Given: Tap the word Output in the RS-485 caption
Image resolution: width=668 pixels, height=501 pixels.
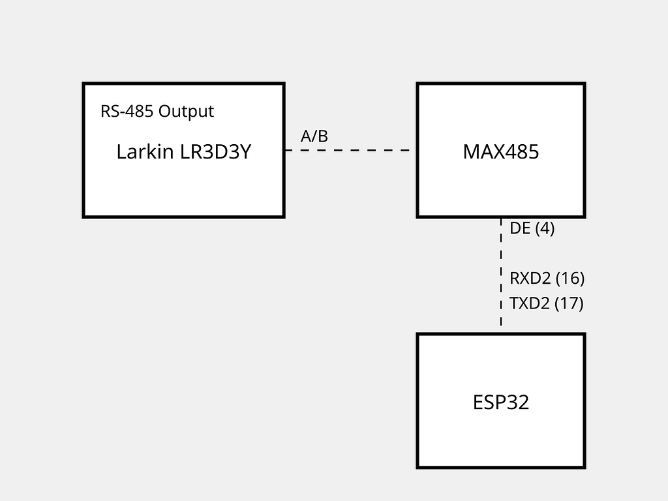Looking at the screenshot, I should click(186, 112).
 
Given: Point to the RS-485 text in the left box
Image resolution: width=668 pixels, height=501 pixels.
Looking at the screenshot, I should click(127, 112).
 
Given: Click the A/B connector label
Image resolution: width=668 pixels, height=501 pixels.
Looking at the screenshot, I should click(314, 136).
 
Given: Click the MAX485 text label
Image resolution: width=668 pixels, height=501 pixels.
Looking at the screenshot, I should click(500, 152).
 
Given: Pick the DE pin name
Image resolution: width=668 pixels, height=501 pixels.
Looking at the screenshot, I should click(520, 228).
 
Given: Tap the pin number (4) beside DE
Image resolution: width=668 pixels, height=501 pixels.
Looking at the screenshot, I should click(545, 228).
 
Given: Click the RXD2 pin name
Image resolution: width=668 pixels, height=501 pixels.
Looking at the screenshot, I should click(530, 279).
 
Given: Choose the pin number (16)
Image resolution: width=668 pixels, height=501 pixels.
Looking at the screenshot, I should click(569, 279).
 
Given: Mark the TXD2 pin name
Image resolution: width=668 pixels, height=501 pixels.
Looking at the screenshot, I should click(529, 303).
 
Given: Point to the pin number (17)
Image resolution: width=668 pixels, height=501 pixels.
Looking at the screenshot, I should click(569, 303).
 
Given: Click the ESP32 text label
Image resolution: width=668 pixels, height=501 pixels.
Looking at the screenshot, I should click(500, 402).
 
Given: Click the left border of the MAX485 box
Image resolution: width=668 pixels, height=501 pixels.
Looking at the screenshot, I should click(417, 183).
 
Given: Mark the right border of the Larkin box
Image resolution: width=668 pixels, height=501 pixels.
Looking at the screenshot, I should click(284, 183).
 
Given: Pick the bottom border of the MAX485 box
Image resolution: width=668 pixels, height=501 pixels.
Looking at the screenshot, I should click(457, 217).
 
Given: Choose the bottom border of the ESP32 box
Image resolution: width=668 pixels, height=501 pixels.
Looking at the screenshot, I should click(500, 467).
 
